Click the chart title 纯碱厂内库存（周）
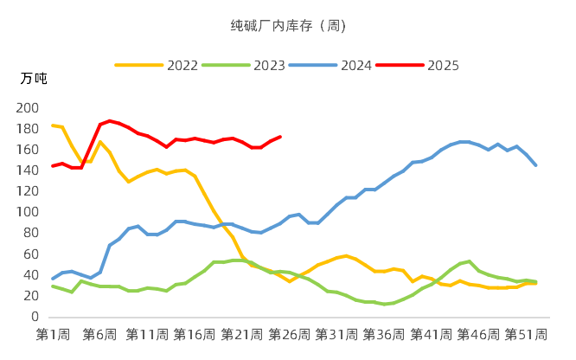[x=288, y=25]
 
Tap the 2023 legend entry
[x=268, y=65]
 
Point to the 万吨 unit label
[x=34, y=79]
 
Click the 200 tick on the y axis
[x=29, y=108]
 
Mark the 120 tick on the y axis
[x=29, y=191]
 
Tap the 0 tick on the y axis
[x=36, y=317]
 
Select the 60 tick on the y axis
[x=32, y=254]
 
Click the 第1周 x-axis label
[x=52, y=335]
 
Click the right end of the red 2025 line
[x=280, y=137]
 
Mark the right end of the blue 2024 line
[x=535, y=165]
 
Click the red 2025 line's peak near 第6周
[x=109, y=121]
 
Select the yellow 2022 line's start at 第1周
[x=53, y=125]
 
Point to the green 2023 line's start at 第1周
[x=53, y=286]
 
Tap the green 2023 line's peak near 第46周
[x=469, y=261]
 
